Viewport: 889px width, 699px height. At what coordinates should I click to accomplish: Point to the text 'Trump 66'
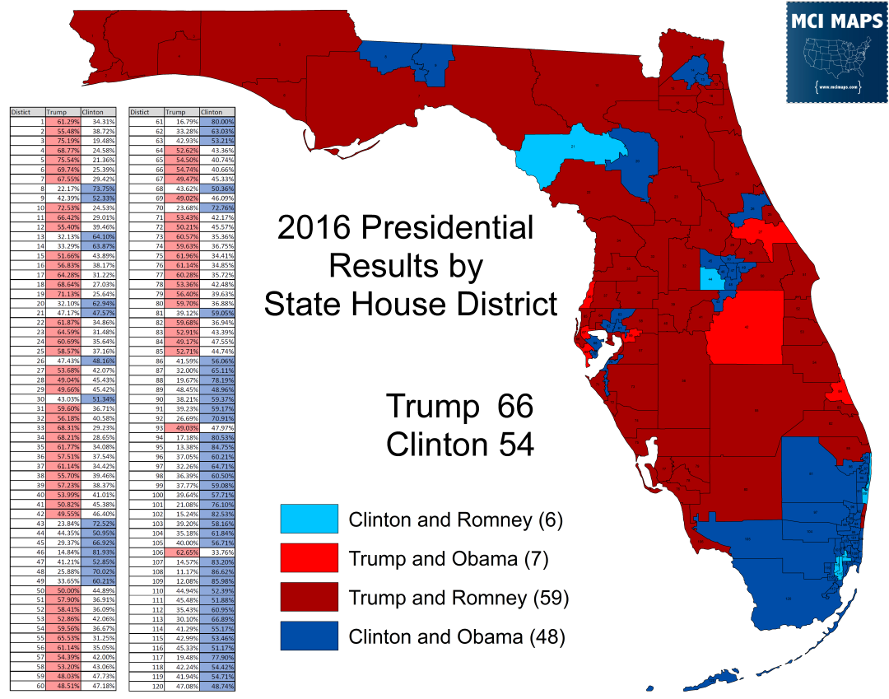point(459,407)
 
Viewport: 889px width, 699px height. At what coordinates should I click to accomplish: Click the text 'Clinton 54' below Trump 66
point(459,445)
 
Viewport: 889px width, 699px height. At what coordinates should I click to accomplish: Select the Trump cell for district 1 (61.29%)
point(63,122)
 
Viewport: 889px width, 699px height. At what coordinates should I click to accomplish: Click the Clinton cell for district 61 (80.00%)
point(217,121)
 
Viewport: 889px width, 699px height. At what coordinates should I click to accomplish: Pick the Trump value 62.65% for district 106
point(182,552)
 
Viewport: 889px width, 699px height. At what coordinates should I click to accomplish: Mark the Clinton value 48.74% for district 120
point(217,685)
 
